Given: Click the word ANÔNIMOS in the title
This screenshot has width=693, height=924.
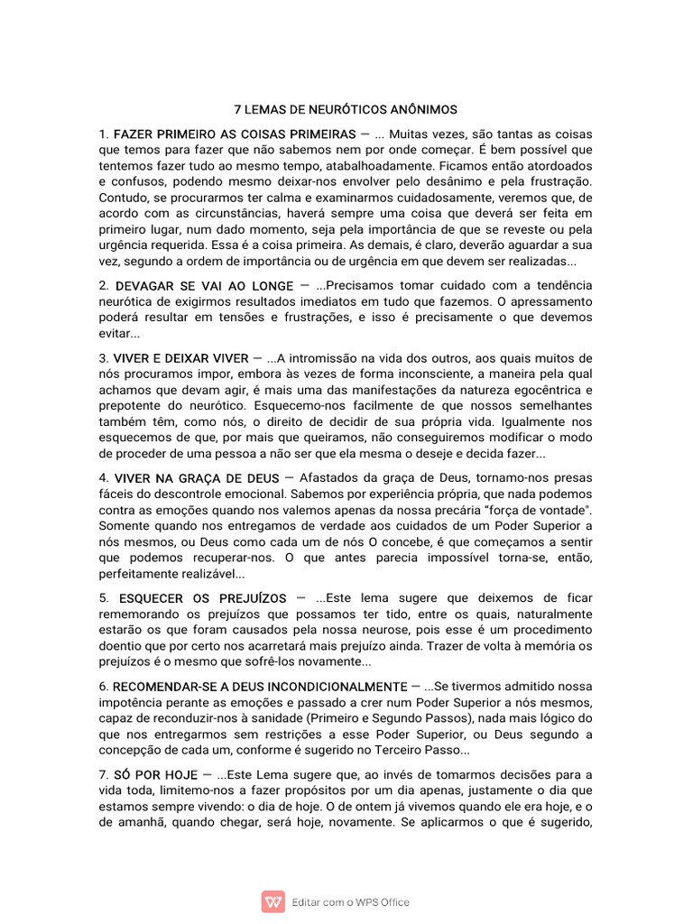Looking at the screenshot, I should (x=421, y=109).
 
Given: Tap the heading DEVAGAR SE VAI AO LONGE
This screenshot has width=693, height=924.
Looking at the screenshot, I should (x=204, y=286).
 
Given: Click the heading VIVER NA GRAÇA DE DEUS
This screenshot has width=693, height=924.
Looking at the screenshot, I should (x=197, y=477).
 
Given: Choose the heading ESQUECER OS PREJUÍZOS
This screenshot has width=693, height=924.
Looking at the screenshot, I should (x=201, y=598).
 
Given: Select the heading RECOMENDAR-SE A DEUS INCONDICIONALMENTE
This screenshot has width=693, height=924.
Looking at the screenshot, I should (x=261, y=687).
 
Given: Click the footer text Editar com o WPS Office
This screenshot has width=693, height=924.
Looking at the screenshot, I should (x=351, y=901).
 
